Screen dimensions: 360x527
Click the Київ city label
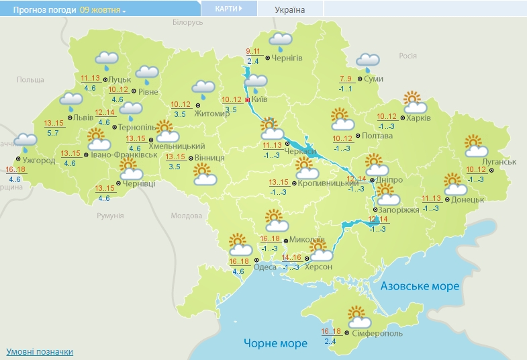[x=260, y=99]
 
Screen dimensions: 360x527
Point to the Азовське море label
[x=420, y=286]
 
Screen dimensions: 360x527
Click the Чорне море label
[x=275, y=343]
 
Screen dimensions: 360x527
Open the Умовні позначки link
[x=40, y=352]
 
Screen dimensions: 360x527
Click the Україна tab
[x=290, y=9]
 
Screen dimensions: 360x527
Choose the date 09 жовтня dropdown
[x=103, y=10]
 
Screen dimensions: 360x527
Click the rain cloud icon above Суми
[x=367, y=62]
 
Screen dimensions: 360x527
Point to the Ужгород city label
[x=38, y=161]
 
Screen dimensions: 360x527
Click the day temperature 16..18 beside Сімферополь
[x=331, y=332]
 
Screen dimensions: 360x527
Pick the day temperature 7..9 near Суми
[x=346, y=79]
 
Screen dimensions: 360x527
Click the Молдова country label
[x=186, y=216]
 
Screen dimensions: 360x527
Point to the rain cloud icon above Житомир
[x=203, y=88]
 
